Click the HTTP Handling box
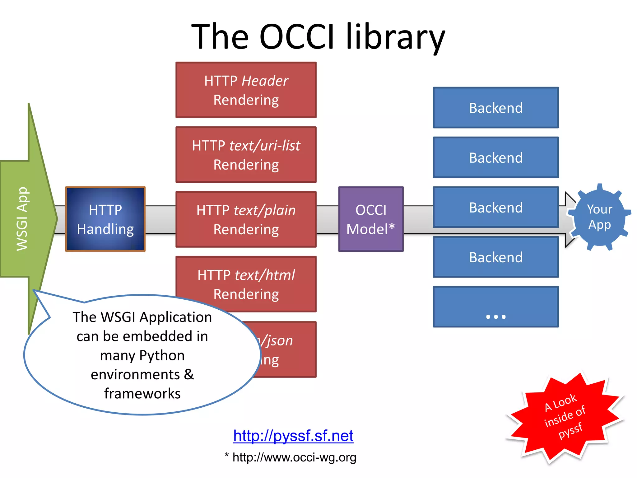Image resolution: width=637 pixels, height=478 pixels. (105, 219)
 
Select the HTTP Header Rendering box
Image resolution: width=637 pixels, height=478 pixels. (246, 90)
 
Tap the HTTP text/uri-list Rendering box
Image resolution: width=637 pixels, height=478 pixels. (246, 155)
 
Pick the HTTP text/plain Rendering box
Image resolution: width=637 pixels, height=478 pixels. (246, 219)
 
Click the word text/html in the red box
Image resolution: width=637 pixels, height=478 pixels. (265, 275)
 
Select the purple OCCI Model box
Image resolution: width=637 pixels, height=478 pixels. (371, 219)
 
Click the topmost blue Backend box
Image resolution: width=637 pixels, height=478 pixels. (496, 108)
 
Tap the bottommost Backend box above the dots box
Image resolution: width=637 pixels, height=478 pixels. (496, 257)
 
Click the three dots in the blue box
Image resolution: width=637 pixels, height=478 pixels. (496, 317)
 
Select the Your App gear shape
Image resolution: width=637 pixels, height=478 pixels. (599, 217)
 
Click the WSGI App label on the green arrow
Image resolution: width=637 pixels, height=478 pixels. (22, 219)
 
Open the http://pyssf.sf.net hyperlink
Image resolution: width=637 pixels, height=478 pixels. (293, 435)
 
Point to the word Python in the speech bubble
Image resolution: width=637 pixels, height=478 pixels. (162, 355)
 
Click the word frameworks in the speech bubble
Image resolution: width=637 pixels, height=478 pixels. (142, 394)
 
